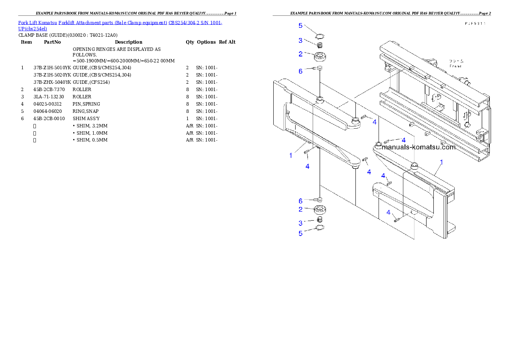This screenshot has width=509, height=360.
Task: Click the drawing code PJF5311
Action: tap(476, 24)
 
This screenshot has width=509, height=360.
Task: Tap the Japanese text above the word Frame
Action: tap(456, 61)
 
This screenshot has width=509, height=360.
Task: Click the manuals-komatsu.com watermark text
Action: tap(419, 147)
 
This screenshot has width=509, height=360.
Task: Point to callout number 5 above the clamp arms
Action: tap(301, 26)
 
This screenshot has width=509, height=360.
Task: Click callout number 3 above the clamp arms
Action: tap(301, 41)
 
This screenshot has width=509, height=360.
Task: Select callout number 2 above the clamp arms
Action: tap(301, 54)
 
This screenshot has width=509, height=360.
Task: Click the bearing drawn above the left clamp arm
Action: tap(320, 56)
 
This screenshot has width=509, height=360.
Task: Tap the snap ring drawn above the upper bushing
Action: tap(320, 35)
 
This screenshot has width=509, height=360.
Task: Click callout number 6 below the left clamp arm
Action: tap(301, 201)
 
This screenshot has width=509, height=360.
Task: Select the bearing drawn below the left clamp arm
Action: tap(320, 210)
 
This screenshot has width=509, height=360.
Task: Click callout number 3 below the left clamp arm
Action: tap(301, 223)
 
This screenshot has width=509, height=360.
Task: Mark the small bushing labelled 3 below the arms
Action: tap(320, 220)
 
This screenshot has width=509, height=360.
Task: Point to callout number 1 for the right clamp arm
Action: tap(441, 162)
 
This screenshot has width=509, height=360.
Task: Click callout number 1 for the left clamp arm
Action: tap(291, 155)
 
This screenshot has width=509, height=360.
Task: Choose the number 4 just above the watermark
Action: tap(403, 140)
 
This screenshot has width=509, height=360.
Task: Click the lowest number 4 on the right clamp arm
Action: tap(388, 212)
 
